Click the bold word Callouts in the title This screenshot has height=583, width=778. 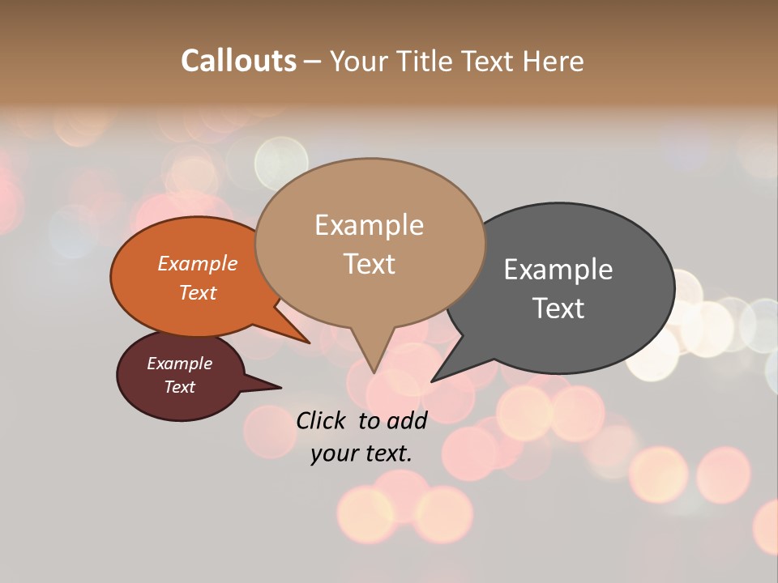pos(238,61)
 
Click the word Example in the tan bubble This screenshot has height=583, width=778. pos(369,225)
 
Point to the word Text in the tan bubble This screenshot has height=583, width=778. pos(369,264)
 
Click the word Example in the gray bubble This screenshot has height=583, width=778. pos(558,270)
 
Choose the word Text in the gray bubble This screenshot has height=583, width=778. pos(558,309)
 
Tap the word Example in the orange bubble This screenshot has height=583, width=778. pos(198,263)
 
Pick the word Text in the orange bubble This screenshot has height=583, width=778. pos(198,292)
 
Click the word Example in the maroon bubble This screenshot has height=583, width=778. pos(180,364)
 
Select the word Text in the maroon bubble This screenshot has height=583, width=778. pos(180,387)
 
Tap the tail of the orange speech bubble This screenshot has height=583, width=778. pos(300,337)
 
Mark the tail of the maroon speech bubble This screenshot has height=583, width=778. pos(271,386)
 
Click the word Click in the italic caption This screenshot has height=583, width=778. pos(323,420)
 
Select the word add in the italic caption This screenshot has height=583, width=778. pos(406,420)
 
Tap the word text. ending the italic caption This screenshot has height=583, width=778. pos(388,453)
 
